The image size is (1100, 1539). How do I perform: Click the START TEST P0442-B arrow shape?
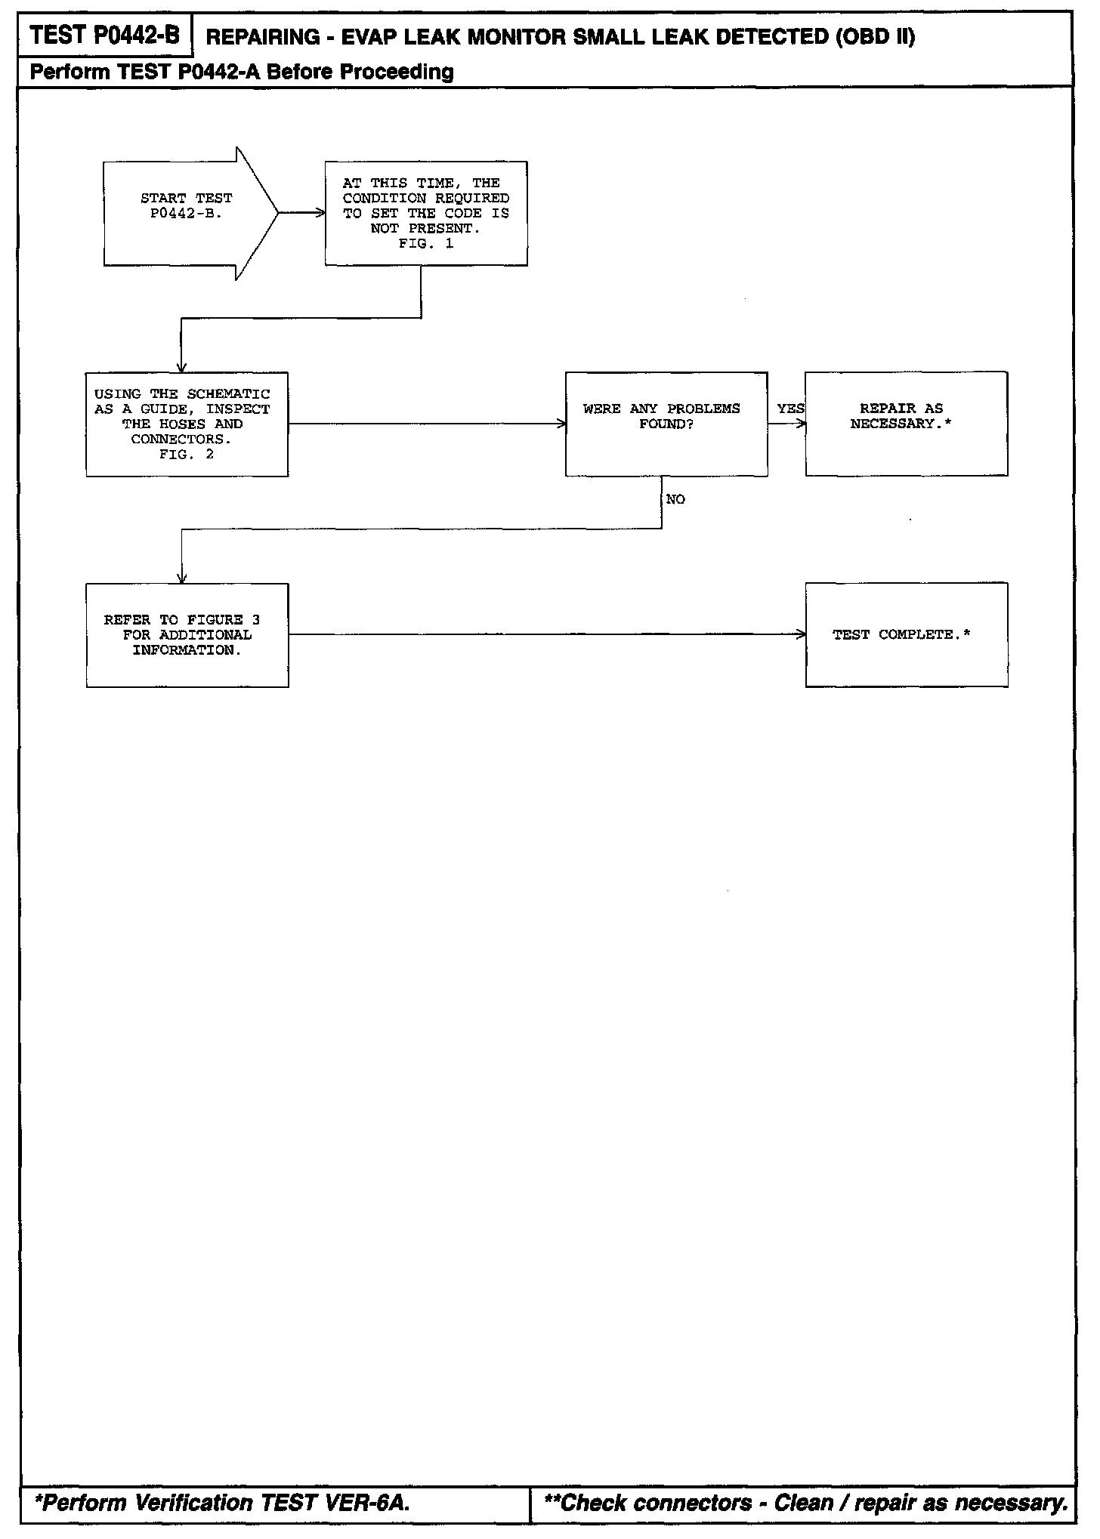(186, 213)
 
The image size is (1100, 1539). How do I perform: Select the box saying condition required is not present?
(426, 213)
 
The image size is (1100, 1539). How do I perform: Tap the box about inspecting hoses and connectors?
(187, 424)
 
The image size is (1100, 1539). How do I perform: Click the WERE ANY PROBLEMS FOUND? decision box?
(666, 424)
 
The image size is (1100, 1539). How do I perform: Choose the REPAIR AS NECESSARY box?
(906, 424)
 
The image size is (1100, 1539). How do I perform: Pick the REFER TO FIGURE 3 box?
(187, 635)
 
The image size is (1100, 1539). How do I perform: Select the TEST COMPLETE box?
(906, 635)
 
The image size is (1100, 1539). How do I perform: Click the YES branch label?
(790, 409)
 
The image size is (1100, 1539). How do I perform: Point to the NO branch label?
(675, 500)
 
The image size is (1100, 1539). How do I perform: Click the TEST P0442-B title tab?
(105, 35)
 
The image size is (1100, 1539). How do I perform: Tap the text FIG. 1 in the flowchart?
(426, 244)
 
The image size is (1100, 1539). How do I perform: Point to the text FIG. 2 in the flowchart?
(187, 455)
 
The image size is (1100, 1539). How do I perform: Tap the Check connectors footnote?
(805, 1503)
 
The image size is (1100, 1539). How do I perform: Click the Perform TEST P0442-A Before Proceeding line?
(242, 72)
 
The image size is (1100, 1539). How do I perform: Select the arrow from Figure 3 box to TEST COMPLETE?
(547, 635)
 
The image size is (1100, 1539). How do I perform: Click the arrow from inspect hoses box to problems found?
(427, 424)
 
